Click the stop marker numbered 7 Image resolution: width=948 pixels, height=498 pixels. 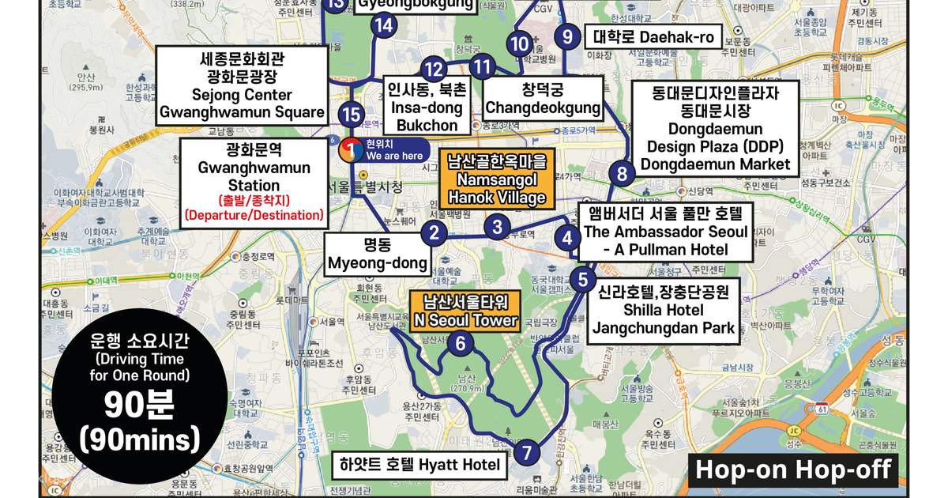click(527, 453)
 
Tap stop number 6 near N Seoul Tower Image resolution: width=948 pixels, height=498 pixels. click(461, 343)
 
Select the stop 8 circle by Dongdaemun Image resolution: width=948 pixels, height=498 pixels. click(623, 174)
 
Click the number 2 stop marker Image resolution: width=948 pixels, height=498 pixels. click(434, 232)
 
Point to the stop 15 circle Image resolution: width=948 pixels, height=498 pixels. click(353, 113)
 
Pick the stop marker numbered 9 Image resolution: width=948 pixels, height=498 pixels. click(566, 36)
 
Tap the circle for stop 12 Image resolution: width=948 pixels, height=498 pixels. click(433, 69)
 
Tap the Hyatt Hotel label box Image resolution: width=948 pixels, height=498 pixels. click(419, 465)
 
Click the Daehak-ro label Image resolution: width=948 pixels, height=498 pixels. click(653, 36)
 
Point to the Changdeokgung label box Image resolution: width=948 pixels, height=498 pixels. click(542, 98)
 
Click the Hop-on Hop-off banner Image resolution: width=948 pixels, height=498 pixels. click(793, 470)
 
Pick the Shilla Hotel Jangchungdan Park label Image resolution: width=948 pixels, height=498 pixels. click(663, 310)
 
